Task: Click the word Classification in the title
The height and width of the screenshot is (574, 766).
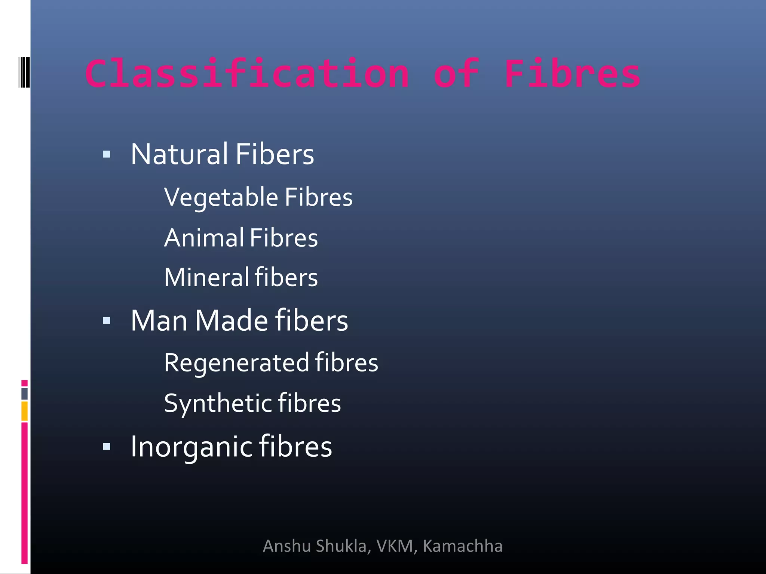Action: point(247,74)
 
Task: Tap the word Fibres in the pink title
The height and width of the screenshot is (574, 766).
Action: point(572,74)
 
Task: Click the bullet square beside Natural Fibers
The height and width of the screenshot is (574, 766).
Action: point(107,154)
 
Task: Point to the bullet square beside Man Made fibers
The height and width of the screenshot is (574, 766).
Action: point(107,320)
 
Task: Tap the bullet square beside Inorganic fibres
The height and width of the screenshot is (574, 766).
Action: point(107,446)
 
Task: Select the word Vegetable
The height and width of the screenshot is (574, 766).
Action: point(221,197)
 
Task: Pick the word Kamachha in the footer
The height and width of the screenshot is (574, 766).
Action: point(463,546)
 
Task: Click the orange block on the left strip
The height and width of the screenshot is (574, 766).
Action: point(24,411)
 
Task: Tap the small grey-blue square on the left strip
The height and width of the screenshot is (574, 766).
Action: point(24,394)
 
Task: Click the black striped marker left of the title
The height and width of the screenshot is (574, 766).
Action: point(24,72)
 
